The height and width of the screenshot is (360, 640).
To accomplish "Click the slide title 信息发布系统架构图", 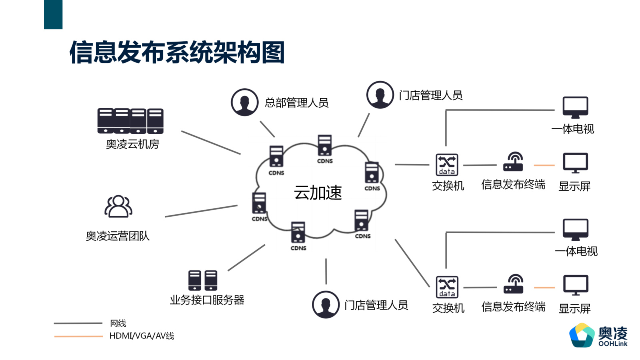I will pyautogui.click(x=177, y=52).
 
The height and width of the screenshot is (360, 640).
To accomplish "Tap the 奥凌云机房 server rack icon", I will pyautogui.click(x=130, y=121).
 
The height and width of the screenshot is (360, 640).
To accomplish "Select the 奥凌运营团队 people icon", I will pyautogui.click(x=118, y=206).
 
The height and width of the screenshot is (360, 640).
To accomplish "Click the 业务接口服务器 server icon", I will pyautogui.click(x=203, y=280).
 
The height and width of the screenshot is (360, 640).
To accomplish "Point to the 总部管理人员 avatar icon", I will pyautogui.click(x=244, y=102).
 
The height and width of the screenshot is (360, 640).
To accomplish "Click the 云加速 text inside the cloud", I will pyautogui.click(x=318, y=193).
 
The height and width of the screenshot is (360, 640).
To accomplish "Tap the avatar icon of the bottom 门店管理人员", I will pyautogui.click(x=326, y=305).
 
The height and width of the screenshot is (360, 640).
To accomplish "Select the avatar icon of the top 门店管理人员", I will pyautogui.click(x=380, y=95).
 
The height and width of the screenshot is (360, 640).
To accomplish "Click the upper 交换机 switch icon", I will pyautogui.click(x=447, y=165).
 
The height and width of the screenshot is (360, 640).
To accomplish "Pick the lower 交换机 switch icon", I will pyautogui.click(x=447, y=287).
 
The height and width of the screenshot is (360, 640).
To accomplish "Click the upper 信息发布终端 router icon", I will pyautogui.click(x=514, y=162).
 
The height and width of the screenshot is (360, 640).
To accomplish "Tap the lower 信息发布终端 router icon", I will pyautogui.click(x=514, y=284).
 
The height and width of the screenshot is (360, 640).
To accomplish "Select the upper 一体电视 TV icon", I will pyautogui.click(x=575, y=107).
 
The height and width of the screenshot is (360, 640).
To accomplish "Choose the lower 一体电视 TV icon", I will pyautogui.click(x=575, y=230).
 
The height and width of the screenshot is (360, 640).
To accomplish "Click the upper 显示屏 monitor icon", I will pyautogui.click(x=575, y=163).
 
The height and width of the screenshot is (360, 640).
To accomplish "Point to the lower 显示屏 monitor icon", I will pyautogui.click(x=575, y=285).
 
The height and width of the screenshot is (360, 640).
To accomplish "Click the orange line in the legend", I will pyautogui.click(x=78, y=336).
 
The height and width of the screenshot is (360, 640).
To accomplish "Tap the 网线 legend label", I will pyautogui.click(x=118, y=323).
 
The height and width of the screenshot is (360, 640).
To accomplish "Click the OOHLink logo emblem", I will pyautogui.click(x=582, y=335).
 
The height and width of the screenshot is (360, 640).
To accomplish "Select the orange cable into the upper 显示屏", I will pyautogui.click(x=544, y=165).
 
